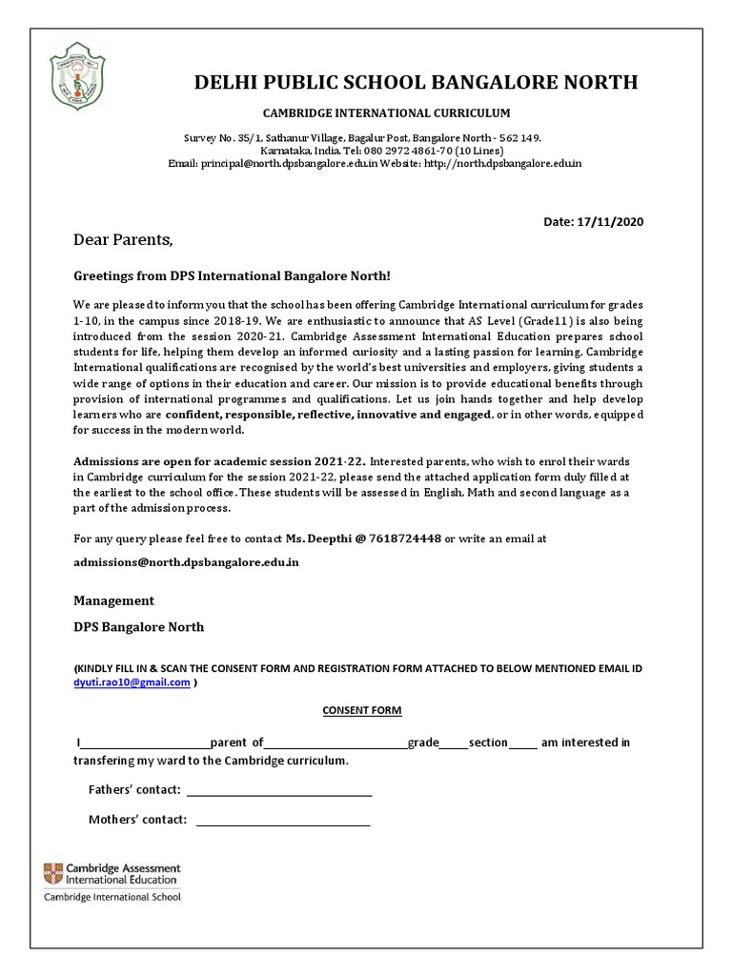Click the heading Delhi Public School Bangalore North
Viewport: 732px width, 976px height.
tap(416, 82)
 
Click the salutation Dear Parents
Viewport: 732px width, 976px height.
tap(124, 239)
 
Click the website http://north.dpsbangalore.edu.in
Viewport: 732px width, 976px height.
tap(501, 164)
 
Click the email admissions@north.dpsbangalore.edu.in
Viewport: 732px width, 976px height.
tap(186, 562)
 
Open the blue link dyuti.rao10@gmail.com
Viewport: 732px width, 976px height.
tap(132, 682)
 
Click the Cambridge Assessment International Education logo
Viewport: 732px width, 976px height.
tap(112, 881)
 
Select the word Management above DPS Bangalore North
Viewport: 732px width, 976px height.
tap(113, 601)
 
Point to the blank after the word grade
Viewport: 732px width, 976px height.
tap(454, 742)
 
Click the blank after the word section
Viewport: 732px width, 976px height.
tap(523, 742)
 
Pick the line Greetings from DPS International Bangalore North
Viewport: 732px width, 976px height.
tap(232, 276)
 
